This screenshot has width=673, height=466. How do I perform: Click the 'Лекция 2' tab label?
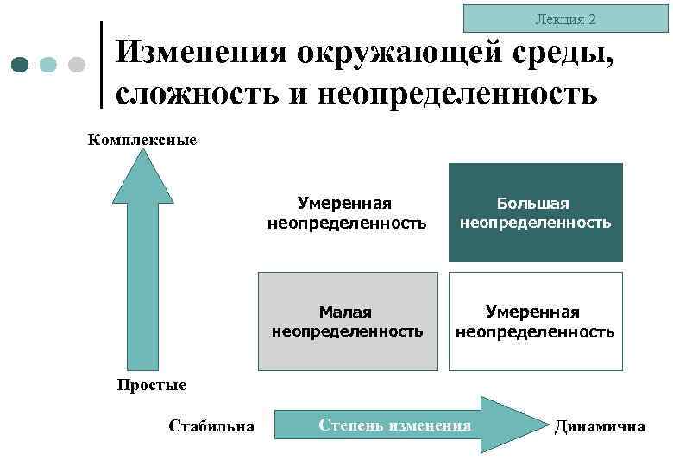click(x=565, y=19)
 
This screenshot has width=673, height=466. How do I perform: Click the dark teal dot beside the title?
click(x=21, y=66)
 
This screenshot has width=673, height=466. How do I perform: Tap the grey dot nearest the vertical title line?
click(x=76, y=66)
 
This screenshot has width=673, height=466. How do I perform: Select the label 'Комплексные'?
click(x=142, y=139)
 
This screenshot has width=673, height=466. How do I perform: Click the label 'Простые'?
click(x=151, y=385)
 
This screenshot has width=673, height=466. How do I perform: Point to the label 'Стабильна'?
click(x=211, y=425)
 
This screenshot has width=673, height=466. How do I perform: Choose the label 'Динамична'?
click(x=600, y=425)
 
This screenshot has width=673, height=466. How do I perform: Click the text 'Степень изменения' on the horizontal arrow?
click(x=395, y=425)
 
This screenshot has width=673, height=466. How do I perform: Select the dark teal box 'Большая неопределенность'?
click(x=535, y=212)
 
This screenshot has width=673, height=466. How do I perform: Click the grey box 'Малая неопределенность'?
click(x=348, y=321)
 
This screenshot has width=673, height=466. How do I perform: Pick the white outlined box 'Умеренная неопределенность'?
click(x=535, y=321)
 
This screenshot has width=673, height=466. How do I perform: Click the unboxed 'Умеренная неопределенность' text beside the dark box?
click(x=346, y=213)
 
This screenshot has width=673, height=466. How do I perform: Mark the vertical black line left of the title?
click(x=103, y=65)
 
